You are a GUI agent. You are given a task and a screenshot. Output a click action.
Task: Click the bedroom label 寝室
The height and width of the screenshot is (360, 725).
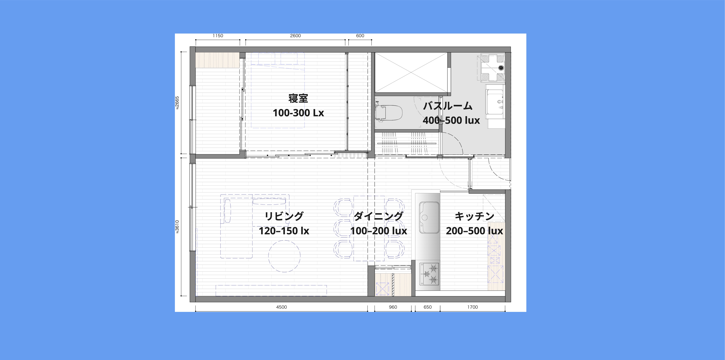pos(298,99)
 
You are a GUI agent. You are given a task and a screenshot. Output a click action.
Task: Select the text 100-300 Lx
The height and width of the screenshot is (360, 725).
pos(298,113)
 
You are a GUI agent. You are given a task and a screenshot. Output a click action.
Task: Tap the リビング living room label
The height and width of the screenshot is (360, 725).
pos(284,216)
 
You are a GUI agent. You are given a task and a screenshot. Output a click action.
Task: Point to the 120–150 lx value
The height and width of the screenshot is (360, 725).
pos(284,231)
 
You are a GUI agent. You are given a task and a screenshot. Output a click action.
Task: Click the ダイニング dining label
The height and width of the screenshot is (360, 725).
pos(379,216)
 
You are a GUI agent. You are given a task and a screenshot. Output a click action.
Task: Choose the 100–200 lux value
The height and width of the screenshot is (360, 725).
pos(379,231)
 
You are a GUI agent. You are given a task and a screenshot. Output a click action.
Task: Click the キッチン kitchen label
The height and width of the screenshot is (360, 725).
pos(475,216)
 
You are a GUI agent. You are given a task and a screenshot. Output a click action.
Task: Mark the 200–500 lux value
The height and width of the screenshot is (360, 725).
pos(475,231)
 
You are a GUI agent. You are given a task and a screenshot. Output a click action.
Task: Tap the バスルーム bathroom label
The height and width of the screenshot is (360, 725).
pos(448,106)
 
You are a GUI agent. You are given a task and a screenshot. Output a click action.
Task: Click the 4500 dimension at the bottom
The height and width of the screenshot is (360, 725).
pos(281,307)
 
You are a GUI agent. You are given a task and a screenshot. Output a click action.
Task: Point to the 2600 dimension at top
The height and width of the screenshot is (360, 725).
pos(296,36)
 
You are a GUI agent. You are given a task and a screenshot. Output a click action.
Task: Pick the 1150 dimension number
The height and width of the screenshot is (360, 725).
pos(218,36)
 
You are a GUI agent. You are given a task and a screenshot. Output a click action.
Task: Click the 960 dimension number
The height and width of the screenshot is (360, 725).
pos(393,307)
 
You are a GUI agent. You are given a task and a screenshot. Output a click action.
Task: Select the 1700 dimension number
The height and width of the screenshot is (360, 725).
pos(473,307)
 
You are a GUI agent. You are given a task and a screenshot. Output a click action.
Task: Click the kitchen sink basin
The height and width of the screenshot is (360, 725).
pos(429,217)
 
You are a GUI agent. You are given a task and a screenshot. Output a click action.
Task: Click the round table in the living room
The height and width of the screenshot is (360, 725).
pos(284,256)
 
